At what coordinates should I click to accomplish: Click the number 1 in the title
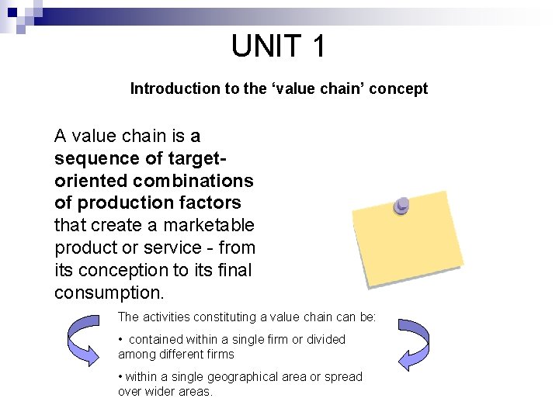318,47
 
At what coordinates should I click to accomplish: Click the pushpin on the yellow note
401,206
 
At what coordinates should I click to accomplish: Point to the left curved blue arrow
83,338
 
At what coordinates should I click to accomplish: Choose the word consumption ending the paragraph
108,293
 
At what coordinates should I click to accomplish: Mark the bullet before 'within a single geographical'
120,377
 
